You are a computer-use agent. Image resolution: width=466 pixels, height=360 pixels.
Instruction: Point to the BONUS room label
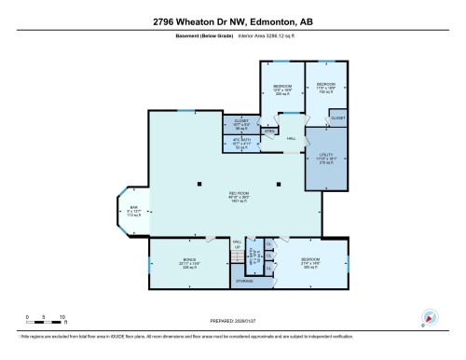(x=189, y=263)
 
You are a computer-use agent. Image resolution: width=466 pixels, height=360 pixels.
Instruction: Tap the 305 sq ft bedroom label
(x=310, y=263)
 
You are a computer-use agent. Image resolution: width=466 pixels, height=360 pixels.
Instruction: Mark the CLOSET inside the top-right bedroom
(x=336, y=118)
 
